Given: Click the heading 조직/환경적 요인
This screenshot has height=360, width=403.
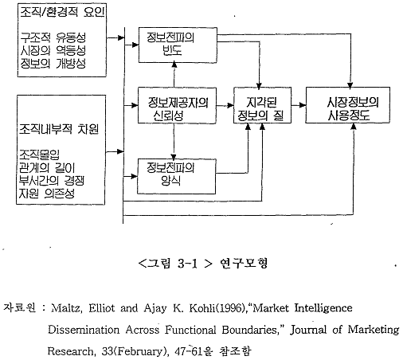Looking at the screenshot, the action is click(x=62, y=12).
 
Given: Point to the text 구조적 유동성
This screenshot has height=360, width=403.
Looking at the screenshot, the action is click(x=53, y=37).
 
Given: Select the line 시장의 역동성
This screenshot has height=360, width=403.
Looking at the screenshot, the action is click(x=53, y=50).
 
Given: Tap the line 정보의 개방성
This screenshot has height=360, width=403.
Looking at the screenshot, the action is click(x=53, y=63).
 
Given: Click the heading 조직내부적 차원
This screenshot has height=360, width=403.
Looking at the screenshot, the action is click(x=59, y=129).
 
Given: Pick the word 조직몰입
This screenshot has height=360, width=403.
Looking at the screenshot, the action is click(x=39, y=155).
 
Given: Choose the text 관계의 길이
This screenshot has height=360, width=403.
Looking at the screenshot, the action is click(x=47, y=168).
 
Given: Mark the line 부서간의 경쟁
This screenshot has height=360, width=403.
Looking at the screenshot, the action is click(x=52, y=181).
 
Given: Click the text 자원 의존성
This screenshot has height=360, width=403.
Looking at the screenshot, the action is click(x=47, y=194).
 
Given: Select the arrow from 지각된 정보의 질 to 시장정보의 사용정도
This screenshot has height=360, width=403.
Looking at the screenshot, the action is click(x=299, y=105).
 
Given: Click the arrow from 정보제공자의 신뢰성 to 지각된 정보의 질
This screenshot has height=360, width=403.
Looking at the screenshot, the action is click(x=225, y=106).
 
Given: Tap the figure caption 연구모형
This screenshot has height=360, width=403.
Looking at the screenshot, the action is click(x=244, y=263).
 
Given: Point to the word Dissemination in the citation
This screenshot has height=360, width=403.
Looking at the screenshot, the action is click(x=84, y=330).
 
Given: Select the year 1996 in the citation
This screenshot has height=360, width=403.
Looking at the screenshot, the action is click(x=229, y=308).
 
